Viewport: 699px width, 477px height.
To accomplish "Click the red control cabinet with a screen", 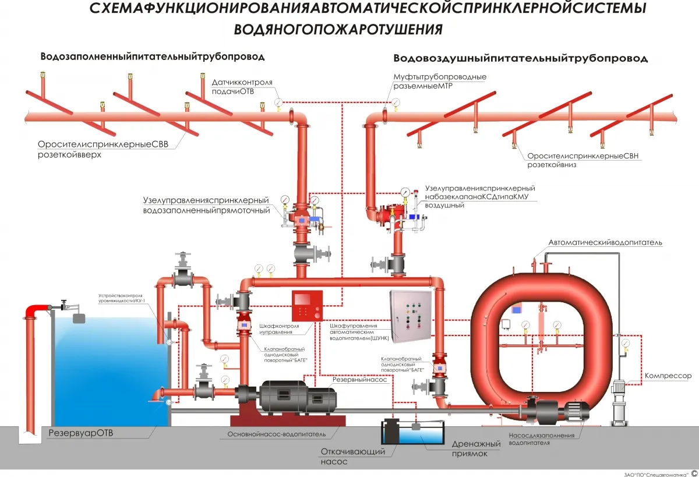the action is (x=307, y=305).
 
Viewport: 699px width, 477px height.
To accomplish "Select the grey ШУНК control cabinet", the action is (x=411, y=316).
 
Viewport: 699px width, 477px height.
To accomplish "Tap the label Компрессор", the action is (x=668, y=376).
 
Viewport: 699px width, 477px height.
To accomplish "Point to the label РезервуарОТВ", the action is (x=81, y=433).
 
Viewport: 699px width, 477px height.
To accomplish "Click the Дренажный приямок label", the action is (x=476, y=448).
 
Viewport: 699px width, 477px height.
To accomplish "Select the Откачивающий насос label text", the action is (x=352, y=457).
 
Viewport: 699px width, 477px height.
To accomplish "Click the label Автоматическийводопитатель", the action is (x=605, y=242).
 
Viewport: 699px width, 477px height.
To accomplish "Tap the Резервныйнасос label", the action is (x=359, y=380).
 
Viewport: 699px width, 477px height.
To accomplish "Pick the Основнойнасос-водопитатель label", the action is (x=277, y=434).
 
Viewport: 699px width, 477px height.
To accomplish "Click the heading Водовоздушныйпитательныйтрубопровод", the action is (x=521, y=58).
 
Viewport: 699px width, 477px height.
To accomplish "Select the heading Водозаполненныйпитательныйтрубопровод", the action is (x=153, y=56).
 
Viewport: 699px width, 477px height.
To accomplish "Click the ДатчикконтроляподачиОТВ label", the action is (x=242, y=87).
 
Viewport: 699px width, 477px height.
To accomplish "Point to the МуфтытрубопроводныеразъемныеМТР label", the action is (x=440, y=81).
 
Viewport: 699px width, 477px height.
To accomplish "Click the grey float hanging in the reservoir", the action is (x=79, y=319).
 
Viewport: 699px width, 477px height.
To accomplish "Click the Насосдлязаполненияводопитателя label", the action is (x=541, y=439).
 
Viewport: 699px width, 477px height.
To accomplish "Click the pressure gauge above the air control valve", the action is (x=405, y=192).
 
